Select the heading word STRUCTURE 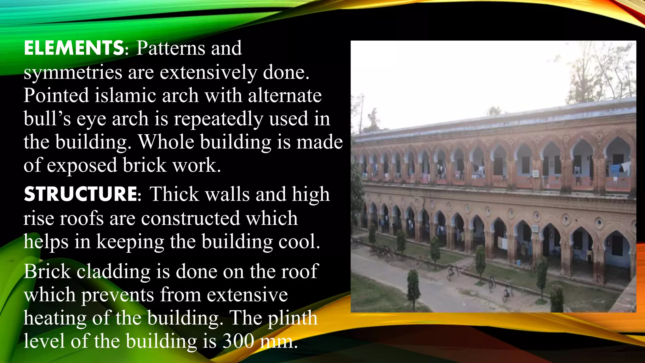tap(81, 194)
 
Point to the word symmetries tap(73, 72)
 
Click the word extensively tap(208, 72)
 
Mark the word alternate tap(285, 95)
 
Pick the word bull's tap(47, 119)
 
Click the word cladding tap(114, 271)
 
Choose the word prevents tap(118, 295)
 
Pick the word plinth tap(293, 318)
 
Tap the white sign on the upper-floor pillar tap(535, 174)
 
